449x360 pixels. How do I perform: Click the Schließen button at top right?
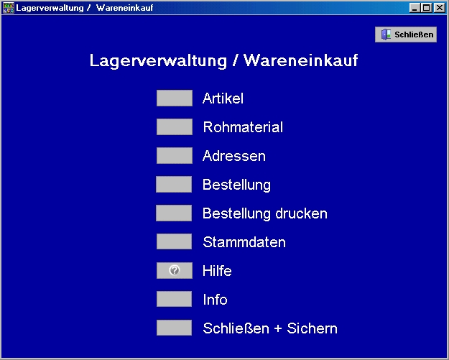[406, 34]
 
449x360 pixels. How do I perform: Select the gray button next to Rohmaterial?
[175, 126]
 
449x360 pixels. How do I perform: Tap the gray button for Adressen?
[175, 155]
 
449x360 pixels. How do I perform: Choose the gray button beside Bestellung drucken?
[174, 213]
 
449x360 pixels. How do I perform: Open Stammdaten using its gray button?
[174, 241]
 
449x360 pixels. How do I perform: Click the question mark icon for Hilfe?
[175, 270]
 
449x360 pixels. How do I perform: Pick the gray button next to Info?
[174, 299]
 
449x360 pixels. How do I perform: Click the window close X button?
[440, 8]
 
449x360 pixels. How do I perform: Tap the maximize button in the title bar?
[427, 8]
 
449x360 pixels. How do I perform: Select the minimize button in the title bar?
[415, 8]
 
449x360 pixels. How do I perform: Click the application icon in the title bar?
[9, 8]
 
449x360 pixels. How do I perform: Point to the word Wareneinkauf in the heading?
[301, 60]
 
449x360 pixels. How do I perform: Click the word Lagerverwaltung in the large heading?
[158, 60]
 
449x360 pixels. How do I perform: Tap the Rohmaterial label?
[243, 127]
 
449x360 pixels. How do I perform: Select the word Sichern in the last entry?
[312, 328]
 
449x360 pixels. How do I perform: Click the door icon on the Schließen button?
[386, 34]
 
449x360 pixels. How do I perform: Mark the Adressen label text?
[234, 156]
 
